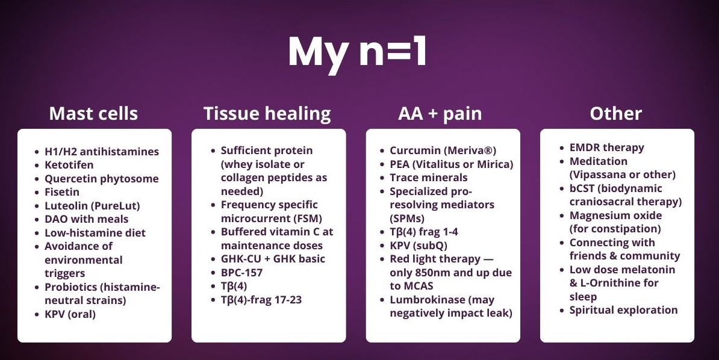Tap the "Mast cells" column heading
(x=93, y=113)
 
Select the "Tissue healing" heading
(x=267, y=114)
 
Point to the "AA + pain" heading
(x=440, y=114)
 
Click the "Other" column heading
(x=616, y=113)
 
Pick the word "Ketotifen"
(x=69, y=164)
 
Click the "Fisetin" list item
(x=62, y=191)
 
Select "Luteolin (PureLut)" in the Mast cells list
(x=92, y=205)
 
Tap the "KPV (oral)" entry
(x=70, y=314)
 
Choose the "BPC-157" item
(x=241, y=272)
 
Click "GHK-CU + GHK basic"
(x=273, y=259)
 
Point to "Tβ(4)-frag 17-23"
(x=261, y=300)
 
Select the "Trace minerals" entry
(x=429, y=178)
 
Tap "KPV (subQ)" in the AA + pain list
(x=419, y=246)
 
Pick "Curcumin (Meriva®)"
(x=443, y=151)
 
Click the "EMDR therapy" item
(x=606, y=147)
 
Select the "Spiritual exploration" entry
(x=624, y=310)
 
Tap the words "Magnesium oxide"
(x=616, y=216)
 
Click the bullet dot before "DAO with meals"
(x=37, y=219)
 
